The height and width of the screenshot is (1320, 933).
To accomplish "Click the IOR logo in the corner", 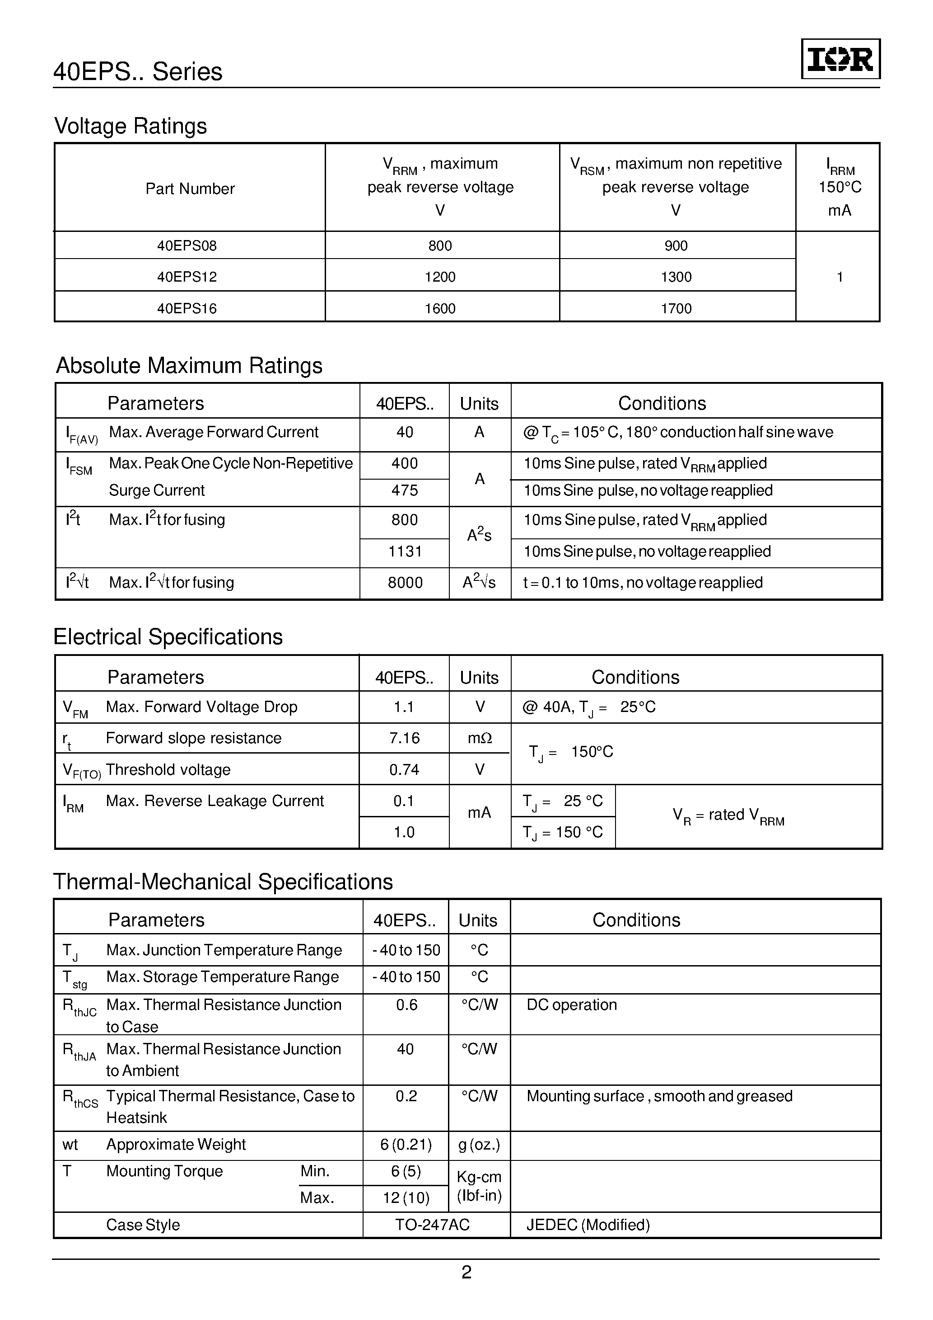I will click(x=840, y=59).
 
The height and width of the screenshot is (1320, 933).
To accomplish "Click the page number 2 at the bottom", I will click(x=466, y=1272).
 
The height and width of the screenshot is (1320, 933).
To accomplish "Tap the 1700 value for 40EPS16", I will click(x=676, y=309).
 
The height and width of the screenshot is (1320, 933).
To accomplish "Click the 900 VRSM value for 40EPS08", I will click(x=676, y=246).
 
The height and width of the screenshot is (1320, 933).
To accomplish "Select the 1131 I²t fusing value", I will click(x=405, y=552).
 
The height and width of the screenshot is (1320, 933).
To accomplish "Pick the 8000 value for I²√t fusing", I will click(x=405, y=582).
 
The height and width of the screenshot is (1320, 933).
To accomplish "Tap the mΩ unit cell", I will click(x=479, y=738).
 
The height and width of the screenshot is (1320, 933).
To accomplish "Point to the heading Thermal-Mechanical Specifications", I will click(x=223, y=882).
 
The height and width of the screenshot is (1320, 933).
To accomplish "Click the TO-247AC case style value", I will click(x=432, y=1225).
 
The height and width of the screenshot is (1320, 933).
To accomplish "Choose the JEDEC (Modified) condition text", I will click(x=588, y=1225).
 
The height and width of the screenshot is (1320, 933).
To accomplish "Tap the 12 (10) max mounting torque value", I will click(x=406, y=1197).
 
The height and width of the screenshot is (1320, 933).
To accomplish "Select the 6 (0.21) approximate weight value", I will click(x=406, y=1145).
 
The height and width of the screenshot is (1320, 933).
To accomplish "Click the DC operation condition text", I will click(x=571, y=1004).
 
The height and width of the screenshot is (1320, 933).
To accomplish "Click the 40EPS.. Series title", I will click(x=138, y=72).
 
